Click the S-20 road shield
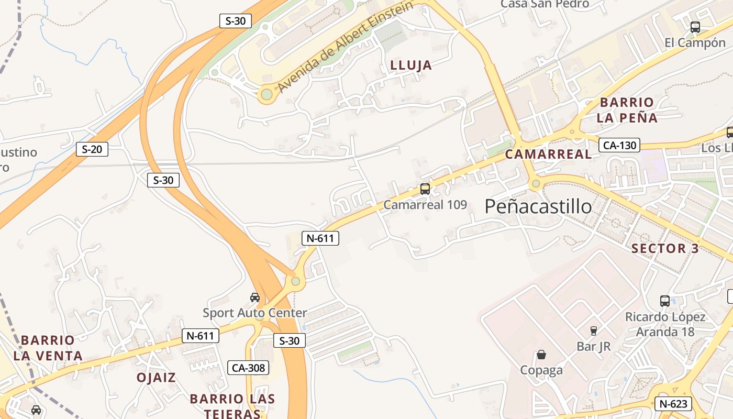92,149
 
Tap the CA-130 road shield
619,145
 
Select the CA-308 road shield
248,368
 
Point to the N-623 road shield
673,404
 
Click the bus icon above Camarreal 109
425,189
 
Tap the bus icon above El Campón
695,27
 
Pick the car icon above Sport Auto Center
255,297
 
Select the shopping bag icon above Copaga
541,355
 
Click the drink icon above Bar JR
593,331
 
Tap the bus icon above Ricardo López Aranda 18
665,301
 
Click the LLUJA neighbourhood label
412,65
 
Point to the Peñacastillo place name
538,206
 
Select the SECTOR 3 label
665,248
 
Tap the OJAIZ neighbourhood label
156,378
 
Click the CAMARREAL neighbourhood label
548,155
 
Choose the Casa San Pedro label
545,4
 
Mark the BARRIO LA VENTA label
48,348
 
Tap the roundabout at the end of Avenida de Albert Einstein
266,95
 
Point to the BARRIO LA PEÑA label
627,110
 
